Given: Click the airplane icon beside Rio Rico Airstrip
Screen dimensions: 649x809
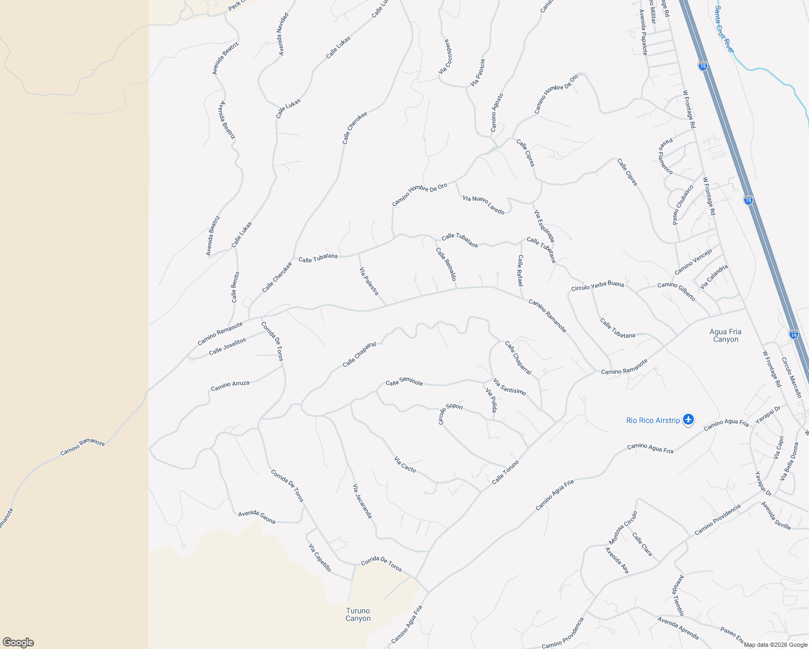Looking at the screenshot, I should (688, 420).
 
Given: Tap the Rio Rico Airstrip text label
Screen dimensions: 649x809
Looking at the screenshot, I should (653, 420).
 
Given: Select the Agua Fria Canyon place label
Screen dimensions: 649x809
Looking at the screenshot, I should (726, 335).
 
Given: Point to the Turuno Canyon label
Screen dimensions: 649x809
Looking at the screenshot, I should (358, 614).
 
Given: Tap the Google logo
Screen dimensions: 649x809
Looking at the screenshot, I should (18, 642).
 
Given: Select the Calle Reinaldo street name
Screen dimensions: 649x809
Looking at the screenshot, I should (446, 264).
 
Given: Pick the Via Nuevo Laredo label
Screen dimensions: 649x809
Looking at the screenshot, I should (483, 205).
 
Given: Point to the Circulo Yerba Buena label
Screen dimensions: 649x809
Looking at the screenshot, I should (598, 286).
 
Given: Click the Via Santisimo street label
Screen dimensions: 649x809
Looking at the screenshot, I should (509, 387).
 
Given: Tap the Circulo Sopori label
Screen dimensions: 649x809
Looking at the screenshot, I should (450, 414).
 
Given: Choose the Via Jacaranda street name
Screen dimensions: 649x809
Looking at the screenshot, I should (362, 501).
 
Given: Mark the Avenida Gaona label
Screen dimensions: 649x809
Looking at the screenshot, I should (257, 517).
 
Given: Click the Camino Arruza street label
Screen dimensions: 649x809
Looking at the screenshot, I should (230, 386).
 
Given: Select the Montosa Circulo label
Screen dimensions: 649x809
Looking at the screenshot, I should (623, 528).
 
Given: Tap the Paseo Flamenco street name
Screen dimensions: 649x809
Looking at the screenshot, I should (665, 156).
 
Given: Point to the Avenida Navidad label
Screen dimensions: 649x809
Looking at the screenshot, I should (283, 34).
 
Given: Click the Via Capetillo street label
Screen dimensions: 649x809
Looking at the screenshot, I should (320, 558).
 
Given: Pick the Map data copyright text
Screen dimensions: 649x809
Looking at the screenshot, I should (774, 644).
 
